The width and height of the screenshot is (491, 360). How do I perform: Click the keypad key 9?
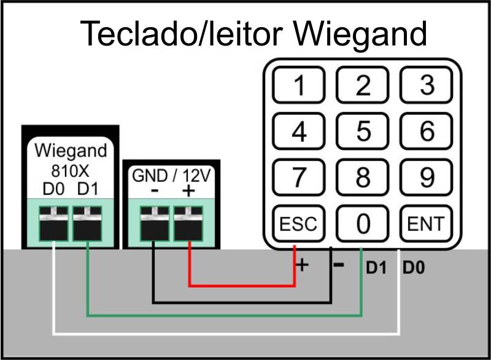(x=427, y=178)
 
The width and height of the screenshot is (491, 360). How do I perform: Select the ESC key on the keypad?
(x=299, y=224)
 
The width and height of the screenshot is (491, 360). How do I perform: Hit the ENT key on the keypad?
(x=427, y=224)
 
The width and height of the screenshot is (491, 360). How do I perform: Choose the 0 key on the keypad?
(x=363, y=224)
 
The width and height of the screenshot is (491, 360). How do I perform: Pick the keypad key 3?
(x=427, y=85)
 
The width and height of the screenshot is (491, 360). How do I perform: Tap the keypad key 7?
(x=299, y=178)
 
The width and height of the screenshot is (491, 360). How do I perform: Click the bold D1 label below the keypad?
(x=376, y=268)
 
